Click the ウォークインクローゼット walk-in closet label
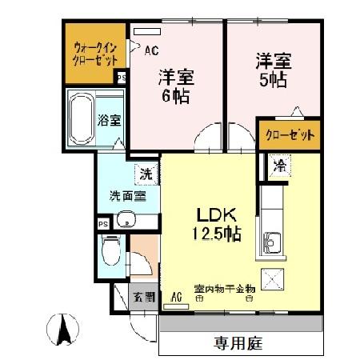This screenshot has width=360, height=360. tap(95, 53)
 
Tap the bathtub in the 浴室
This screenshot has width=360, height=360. tap(82, 118)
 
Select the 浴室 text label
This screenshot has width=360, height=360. tap(110, 121)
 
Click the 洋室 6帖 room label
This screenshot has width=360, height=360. tap(177, 87)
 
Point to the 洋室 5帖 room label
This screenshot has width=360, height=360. tap(271, 70)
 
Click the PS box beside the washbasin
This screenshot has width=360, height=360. tap(102, 224)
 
